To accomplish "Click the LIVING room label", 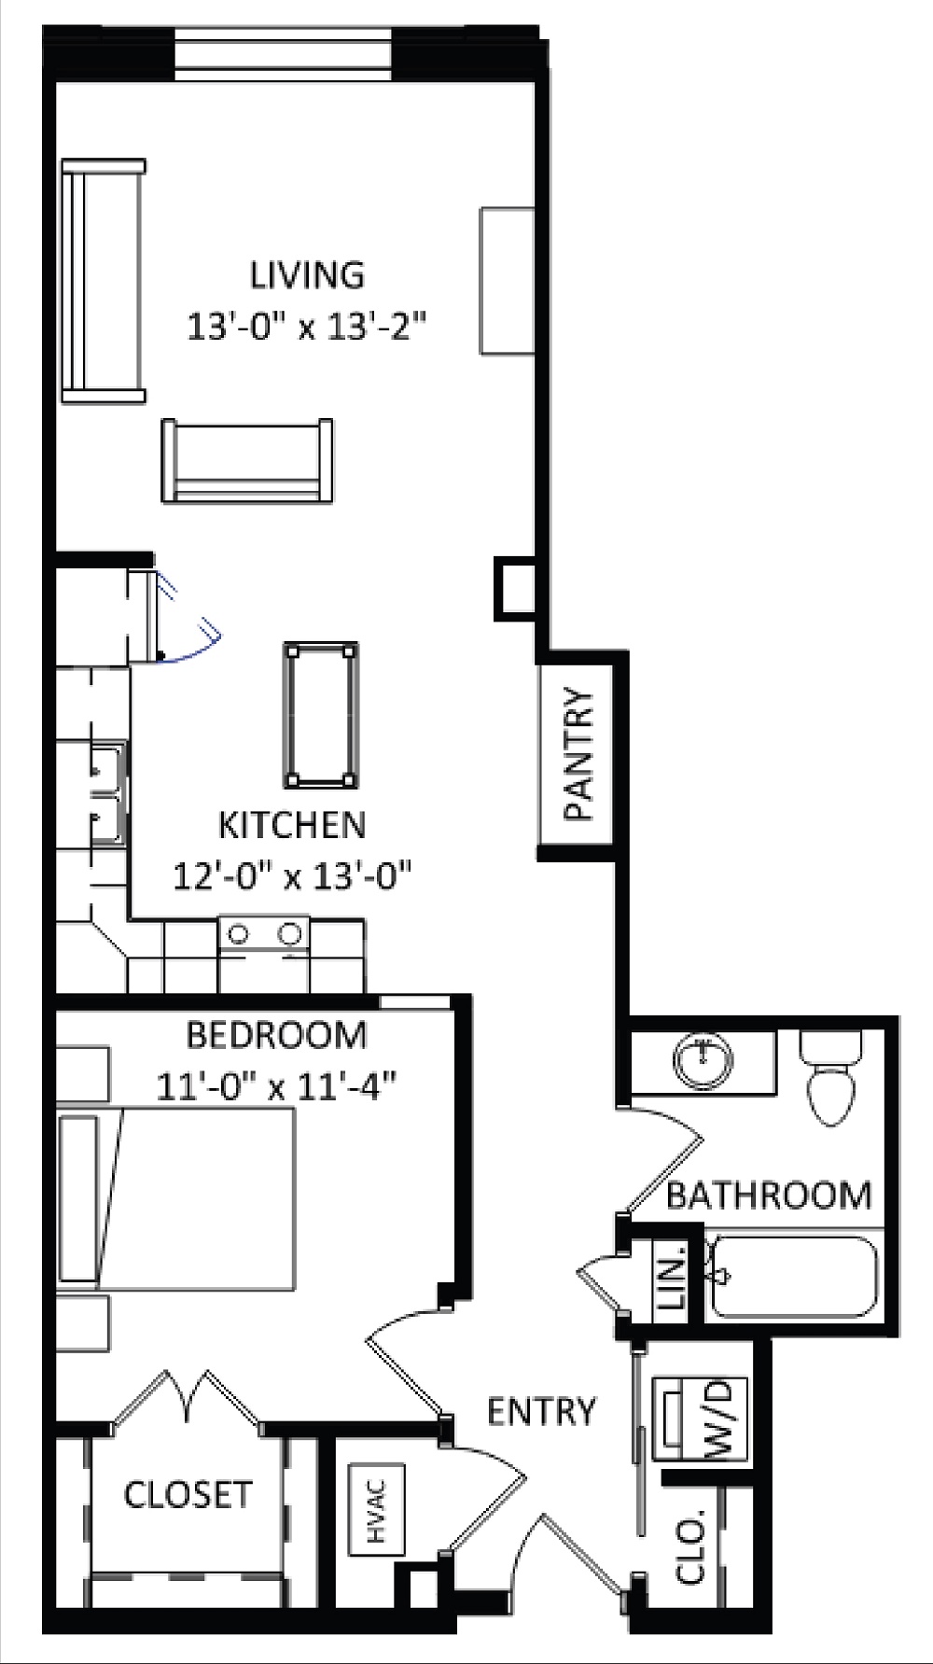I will pos(307,275).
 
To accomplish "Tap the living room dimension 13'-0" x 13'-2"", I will pos(307,328).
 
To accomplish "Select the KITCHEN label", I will pos(292,825).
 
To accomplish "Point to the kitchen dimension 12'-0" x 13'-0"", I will pos(292,876).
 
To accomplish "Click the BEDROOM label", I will pos(276,1035).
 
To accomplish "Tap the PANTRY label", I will pos(578,754).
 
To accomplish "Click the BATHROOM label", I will pos(769,1196).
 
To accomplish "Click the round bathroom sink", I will pos(703,1062).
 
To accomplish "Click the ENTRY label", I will pos(541,1411).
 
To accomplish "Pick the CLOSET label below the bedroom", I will pos(188,1494).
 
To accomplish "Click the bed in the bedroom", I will pos(177,1199).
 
